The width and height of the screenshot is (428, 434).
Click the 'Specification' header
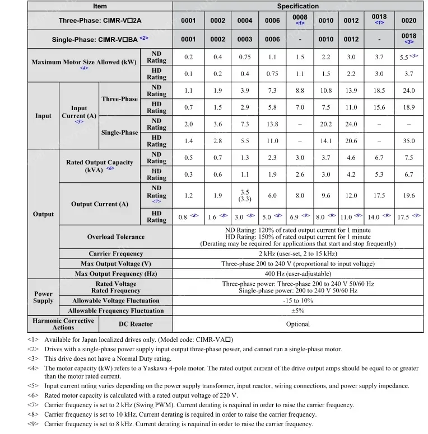pyautogui.click(x=297, y=6)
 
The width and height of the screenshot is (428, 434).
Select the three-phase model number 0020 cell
pyautogui.click(x=409, y=21)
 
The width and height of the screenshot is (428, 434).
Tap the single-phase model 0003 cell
pyautogui.click(x=245, y=40)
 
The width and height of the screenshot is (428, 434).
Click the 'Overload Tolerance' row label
pyautogui.click(x=115, y=237)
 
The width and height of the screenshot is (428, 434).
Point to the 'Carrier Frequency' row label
pyautogui.click(x=115, y=254)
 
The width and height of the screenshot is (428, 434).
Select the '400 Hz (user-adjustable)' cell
pyautogui.click(x=297, y=274)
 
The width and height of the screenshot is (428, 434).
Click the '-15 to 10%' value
pyautogui.click(x=297, y=301)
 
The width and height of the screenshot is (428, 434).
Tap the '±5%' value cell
pyautogui.click(x=297, y=311)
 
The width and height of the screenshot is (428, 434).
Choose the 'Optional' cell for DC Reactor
pyautogui.click(x=297, y=324)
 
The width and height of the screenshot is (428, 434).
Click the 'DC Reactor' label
pyautogui.click(x=136, y=324)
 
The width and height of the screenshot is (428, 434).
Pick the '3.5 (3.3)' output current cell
pyautogui.click(x=245, y=196)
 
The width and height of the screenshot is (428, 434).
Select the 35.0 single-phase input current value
pyautogui.click(x=409, y=141)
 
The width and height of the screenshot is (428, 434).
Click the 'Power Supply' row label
pyautogui.click(x=43, y=297)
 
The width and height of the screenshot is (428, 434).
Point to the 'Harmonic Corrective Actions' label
pyautogui.click(x=63, y=324)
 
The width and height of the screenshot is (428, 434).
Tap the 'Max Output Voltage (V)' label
pyautogui.click(x=115, y=264)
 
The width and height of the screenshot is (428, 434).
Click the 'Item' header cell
pyautogui.click(x=100, y=6)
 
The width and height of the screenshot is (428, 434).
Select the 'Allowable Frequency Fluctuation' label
pyautogui.click(x=115, y=311)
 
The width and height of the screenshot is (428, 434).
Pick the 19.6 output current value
pyautogui.click(x=409, y=196)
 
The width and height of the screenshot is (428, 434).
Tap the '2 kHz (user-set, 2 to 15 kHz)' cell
pyautogui.click(x=297, y=254)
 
